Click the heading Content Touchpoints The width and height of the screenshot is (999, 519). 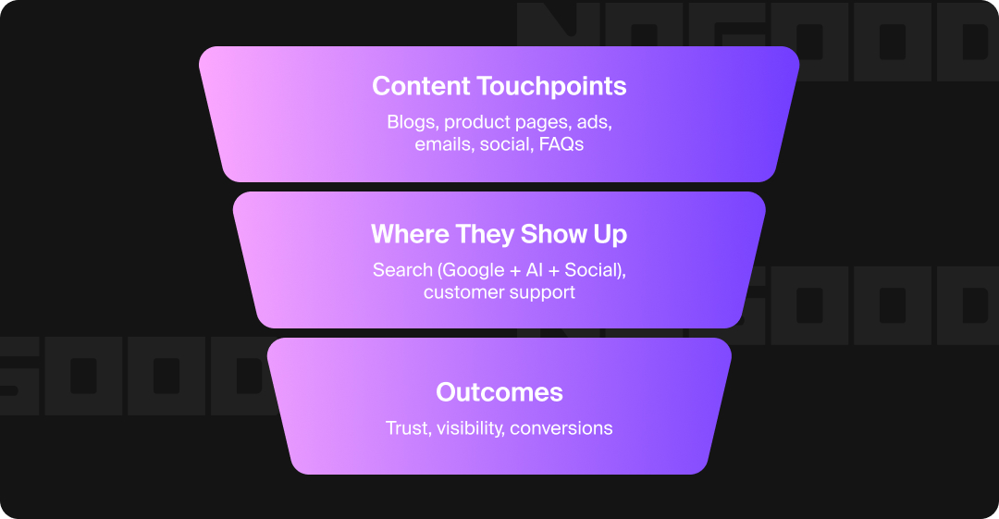coord(499,86)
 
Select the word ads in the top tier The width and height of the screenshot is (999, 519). coord(596,122)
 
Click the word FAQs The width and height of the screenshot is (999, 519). coord(561,145)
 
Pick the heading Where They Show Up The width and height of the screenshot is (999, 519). coord(499,234)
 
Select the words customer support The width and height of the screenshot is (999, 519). coord(499,292)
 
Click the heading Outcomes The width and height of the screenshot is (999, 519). coord(499,391)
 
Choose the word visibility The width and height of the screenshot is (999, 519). coord(469,428)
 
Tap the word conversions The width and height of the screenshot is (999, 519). coord(561,428)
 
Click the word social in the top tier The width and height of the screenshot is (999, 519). coord(503,145)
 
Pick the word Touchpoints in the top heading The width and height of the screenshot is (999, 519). coord(551,86)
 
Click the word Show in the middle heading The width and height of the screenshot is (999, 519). coord(555,234)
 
